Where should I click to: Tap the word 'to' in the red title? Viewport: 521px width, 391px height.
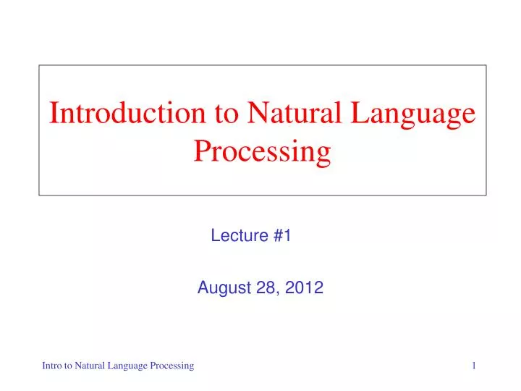click(x=216, y=114)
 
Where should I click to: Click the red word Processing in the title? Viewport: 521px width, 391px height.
click(x=262, y=151)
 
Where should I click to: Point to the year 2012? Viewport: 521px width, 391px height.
click(x=304, y=289)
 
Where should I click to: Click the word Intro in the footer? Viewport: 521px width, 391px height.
click(x=51, y=366)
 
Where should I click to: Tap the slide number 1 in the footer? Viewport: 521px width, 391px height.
click(x=474, y=366)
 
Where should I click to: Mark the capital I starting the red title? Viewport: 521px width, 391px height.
click(x=53, y=114)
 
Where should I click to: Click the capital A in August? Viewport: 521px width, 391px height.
click(x=203, y=289)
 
